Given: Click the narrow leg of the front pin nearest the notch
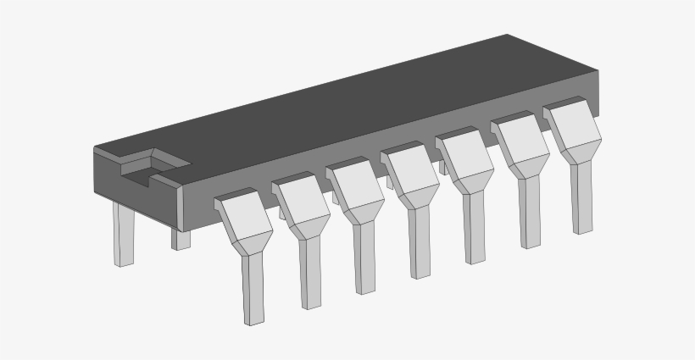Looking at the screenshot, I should coord(253,288).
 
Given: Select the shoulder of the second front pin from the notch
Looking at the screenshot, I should coord(300,200).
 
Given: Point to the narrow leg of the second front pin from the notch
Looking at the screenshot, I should coord(309,271).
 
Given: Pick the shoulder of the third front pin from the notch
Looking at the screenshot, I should coord(354,184).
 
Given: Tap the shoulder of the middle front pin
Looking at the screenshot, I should coord(409,169).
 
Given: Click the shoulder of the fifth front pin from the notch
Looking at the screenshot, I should coord(464,155).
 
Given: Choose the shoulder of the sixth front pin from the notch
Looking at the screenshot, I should coord(519,140).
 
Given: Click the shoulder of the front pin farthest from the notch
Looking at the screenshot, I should coord(572,124).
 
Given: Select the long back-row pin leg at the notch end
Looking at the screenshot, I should coord(124,234).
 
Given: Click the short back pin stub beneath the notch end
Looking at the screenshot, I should coord(181,238).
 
